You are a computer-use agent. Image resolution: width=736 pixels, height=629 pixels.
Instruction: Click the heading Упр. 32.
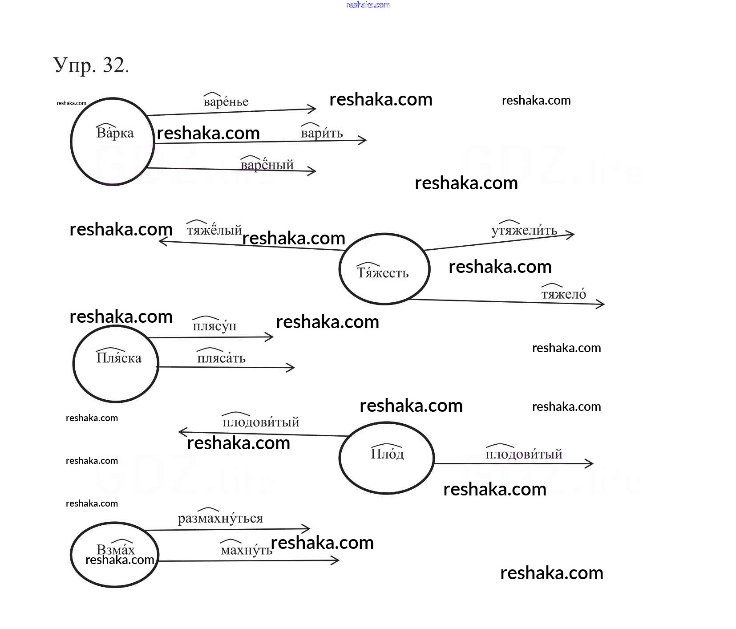(x=91, y=65)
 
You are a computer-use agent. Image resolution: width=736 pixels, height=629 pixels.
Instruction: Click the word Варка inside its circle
(x=115, y=133)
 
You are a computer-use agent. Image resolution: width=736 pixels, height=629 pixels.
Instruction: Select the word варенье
(x=226, y=102)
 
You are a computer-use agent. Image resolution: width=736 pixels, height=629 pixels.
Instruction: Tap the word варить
(x=322, y=133)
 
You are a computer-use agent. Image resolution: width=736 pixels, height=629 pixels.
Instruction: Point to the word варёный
(x=267, y=165)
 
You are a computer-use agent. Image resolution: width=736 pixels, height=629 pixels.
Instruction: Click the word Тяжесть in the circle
(x=383, y=272)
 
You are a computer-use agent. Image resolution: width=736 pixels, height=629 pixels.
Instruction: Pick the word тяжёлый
(x=214, y=230)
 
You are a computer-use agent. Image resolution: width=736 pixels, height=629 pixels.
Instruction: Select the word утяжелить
(x=524, y=230)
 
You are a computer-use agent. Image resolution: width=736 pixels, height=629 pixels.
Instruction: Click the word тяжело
(x=564, y=294)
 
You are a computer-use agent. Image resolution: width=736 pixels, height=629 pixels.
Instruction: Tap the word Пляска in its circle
(x=119, y=358)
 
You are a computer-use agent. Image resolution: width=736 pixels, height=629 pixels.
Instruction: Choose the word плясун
(x=214, y=326)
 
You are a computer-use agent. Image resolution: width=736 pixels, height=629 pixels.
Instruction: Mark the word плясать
(x=221, y=358)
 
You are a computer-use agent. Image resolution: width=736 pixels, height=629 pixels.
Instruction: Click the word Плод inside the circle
(x=387, y=454)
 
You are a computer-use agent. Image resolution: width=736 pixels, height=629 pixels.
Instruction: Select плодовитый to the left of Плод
(x=261, y=422)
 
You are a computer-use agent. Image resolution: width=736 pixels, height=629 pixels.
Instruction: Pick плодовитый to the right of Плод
(x=524, y=454)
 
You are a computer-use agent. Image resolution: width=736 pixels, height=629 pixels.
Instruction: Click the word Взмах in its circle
(x=115, y=549)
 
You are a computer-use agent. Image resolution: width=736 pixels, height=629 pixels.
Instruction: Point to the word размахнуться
(x=220, y=519)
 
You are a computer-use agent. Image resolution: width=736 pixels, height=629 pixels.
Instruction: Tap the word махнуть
(x=247, y=550)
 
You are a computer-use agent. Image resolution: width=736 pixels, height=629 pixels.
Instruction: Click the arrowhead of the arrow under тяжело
(x=602, y=304)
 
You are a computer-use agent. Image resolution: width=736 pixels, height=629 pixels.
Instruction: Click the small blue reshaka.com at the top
(x=368, y=5)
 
